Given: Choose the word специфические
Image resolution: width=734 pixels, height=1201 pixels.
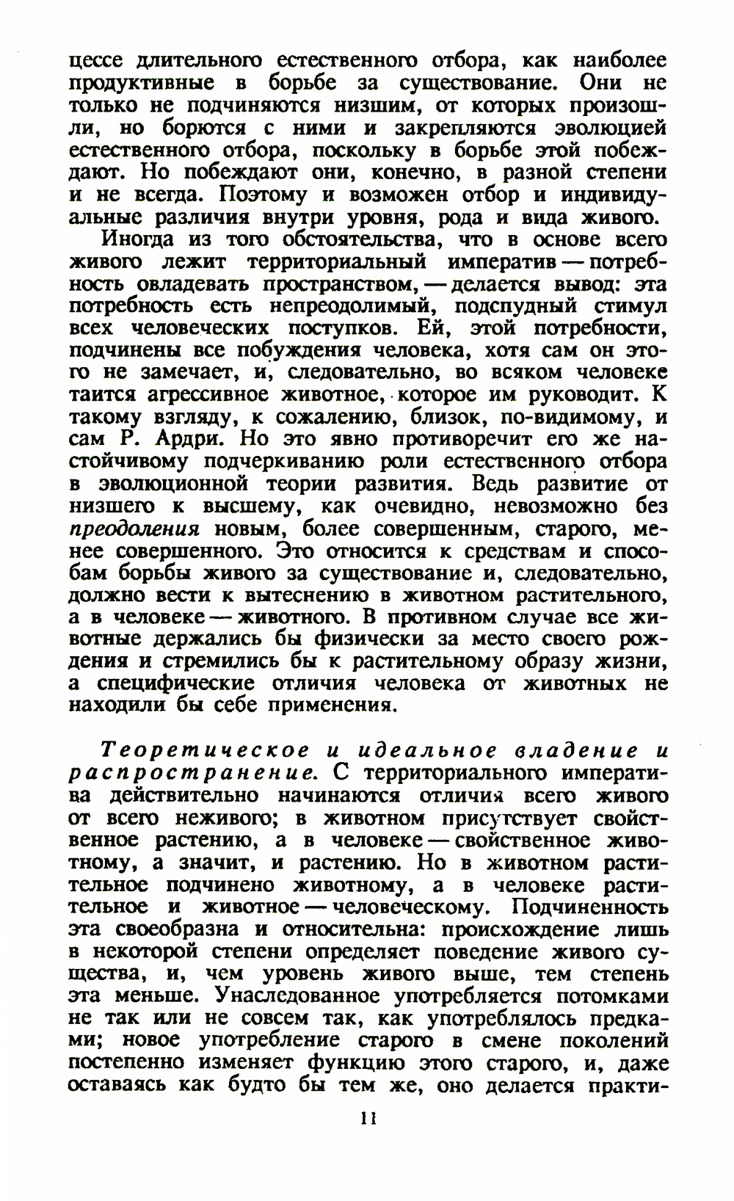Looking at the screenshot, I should click(173, 683).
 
